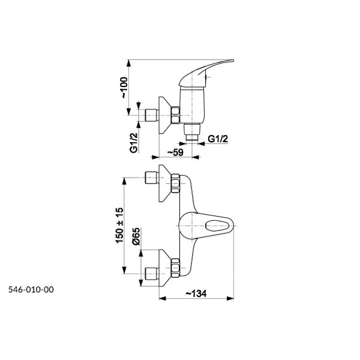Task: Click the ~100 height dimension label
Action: [124, 88]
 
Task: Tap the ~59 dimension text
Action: [176, 152]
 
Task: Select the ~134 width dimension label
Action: [196, 293]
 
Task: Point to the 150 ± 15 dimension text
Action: [119, 225]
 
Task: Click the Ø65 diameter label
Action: [136, 236]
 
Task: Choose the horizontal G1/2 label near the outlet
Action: [218, 139]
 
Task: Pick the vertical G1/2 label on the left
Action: [134, 143]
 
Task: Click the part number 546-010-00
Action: [31, 290]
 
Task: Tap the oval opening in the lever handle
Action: [217, 226]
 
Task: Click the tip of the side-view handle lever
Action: [233, 61]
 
